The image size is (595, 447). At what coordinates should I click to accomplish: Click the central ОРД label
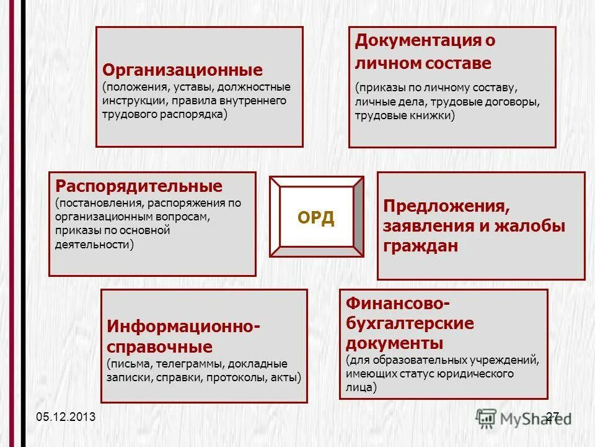[x=316, y=218]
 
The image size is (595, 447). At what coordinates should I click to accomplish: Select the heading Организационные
[x=182, y=70]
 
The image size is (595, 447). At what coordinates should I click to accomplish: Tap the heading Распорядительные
[x=139, y=186]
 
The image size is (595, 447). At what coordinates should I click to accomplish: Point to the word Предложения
[x=446, y=205]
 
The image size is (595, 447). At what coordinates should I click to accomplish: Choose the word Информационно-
[x=183, y=326]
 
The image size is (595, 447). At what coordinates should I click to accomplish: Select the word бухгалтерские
[x=410, y=323]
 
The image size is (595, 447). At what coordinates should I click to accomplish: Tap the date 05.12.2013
[x=66, y=417]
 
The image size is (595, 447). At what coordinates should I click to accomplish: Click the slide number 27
[x=553, y=417]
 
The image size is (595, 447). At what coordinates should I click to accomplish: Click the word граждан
[x=421, y=246]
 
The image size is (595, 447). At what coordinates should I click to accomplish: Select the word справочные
[x=160, y=346]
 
